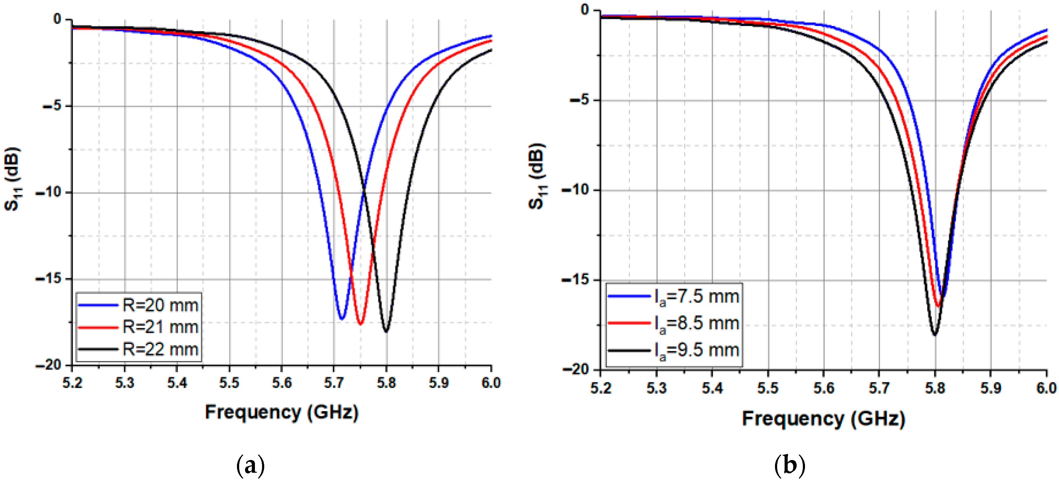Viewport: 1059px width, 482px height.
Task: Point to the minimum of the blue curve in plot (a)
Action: coord(342,319)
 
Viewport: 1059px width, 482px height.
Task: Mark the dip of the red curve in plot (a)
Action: coord(360,325)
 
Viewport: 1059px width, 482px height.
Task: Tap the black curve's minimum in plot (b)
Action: coord(935,335)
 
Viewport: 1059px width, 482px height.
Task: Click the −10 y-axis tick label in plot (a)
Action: coord(49,192)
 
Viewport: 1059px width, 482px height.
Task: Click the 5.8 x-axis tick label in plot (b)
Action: coord(935,388)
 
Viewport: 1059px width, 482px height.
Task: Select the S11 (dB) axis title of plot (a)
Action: coord(12,179)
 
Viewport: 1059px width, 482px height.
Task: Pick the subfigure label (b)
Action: coord(789,466)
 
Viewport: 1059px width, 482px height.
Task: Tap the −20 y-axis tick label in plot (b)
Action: coord(575,370)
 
